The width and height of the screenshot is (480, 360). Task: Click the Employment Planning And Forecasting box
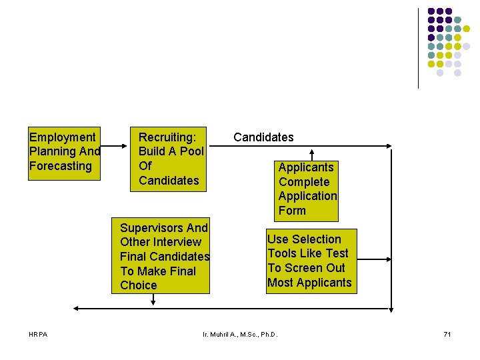coord(63,152)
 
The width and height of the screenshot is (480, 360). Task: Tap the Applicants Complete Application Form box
coord(307,189)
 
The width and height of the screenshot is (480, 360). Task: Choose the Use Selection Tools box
coord(309,261)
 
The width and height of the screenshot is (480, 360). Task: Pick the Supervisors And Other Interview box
coord(161,257)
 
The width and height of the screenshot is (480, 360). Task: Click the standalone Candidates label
coord(263,137)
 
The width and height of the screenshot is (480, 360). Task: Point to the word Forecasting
coord(61,166)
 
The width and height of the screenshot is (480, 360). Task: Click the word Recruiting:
coord(167,137)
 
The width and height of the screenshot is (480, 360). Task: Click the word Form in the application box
coord(292,211)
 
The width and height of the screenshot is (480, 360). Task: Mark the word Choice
coord(139,285)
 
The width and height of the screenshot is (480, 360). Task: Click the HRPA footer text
coord(39,333)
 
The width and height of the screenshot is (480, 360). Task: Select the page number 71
coord(447,333)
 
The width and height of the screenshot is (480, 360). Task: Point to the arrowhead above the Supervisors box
coord(153,301)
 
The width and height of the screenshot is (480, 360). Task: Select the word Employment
coord(63,137)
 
